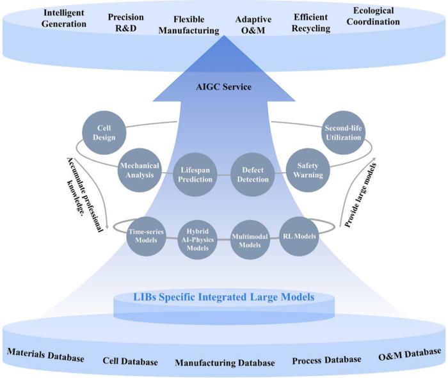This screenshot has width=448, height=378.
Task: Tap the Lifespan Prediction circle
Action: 195,173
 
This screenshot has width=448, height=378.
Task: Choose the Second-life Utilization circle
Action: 344,133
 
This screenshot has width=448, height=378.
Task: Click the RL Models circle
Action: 298,235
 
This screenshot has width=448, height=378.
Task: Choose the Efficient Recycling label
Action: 311,22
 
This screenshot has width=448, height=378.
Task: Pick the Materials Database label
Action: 45,356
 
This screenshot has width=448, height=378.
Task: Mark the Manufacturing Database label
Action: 225,363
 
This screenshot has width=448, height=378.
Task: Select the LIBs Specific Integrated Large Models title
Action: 223,297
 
